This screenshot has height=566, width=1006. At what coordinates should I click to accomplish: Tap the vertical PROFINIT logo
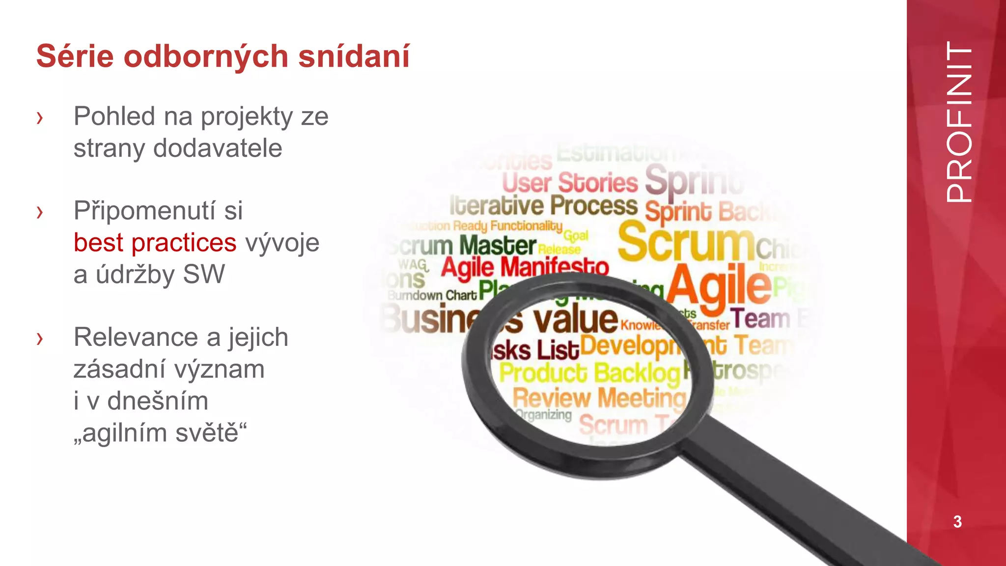pyautogui.click(x=958, y=122)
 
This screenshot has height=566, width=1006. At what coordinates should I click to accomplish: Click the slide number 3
pyautogui.click(x=957, y=521)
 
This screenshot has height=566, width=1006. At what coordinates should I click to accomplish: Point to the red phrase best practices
pyautogui.click(x=155, y=243)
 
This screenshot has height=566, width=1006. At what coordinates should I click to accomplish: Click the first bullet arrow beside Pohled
pyautogui.click(x=40, y=118)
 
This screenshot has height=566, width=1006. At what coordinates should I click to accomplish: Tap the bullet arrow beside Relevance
pyautogui.click(x=40, y=339)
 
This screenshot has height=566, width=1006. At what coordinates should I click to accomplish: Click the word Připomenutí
pyautogui.click(x=158, y=211)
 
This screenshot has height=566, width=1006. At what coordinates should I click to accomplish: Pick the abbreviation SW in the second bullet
pyautogui.click(x=204, y=274)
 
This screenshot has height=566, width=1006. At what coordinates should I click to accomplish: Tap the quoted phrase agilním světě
pyautogui.click(x=160, y=433)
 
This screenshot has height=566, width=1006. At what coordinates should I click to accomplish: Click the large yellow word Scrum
pyautogui.click(x=686, y=242)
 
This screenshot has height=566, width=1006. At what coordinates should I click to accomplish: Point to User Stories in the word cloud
pyautogui.click(x=570, y=183)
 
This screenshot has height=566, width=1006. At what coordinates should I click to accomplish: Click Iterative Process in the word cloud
pyautogui.click(x=543, y=205)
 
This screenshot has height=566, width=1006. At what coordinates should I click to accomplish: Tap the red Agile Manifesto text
pyautogui.click(x=525, y=267)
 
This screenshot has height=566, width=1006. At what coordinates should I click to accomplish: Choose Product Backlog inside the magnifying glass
pyautogui.click(x=589, y=372)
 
